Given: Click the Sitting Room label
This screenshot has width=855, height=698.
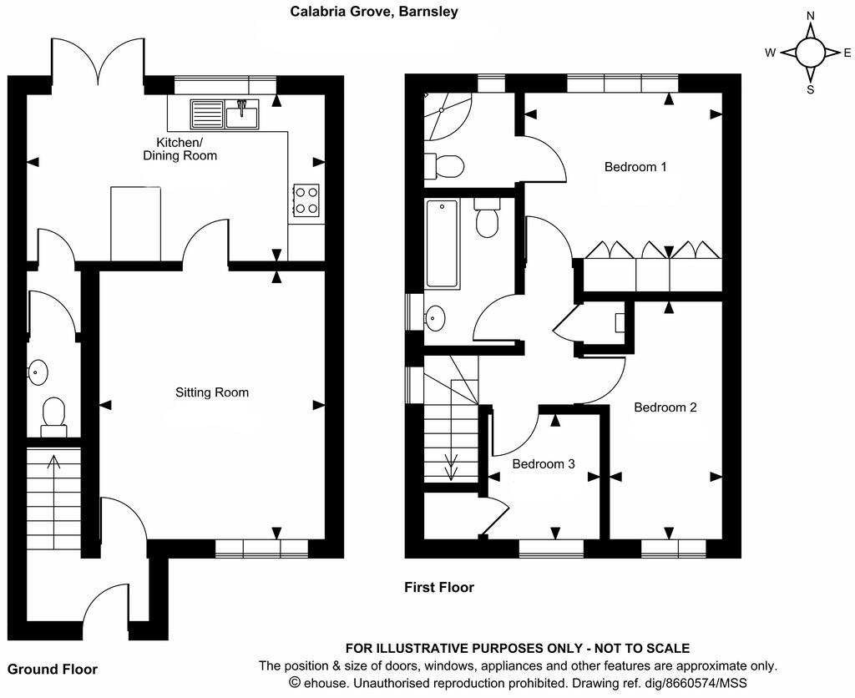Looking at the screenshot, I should pyautogui.click(x=211, y=392).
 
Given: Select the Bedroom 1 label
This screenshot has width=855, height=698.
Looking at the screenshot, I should pyautogui.click(x=635, y=167).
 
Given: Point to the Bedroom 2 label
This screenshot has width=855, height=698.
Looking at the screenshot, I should pyautogui.click(x=665, y=407).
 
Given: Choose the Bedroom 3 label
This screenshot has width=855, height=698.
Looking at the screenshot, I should pyautogui.click(x=543, y=464).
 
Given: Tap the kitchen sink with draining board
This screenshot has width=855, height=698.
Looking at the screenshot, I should pyautogui.click(x=225, y=113).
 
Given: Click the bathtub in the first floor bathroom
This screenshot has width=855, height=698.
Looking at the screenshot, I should pyautogui.click(x=442, y=244).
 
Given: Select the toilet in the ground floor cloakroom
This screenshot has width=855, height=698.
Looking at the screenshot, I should pyautogui.click(x=53, y=416).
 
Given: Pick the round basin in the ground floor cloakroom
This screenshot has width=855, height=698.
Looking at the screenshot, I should pyautogui.click(x=37, y=372).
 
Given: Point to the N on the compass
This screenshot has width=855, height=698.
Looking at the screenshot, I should pyautogui.click(x=810, y=16).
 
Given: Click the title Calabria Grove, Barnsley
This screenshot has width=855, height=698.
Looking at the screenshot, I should pyautogui.click(x=373, y=12).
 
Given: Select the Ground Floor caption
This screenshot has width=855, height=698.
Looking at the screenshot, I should pyautogui.click(x=53, y=670).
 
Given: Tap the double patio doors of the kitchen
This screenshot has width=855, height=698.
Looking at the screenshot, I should pyautogui.click(x=99, y=58).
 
